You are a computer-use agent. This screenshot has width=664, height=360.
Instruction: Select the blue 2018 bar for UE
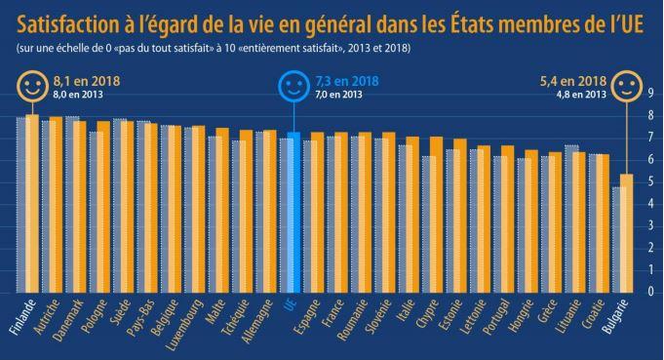[294, 210]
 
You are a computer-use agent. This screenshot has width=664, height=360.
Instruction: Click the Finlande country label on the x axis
[21, 317]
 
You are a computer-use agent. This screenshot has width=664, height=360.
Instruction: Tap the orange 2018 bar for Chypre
[437, 214]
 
